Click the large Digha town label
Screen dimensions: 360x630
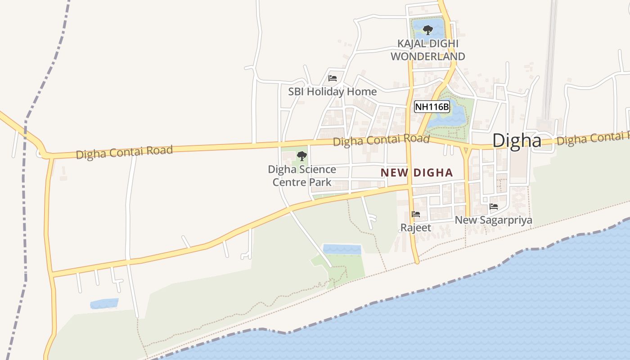click(x=517, y=140)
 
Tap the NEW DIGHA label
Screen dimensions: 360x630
click(x=417, y=173)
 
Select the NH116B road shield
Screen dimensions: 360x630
click(x=432, y=107)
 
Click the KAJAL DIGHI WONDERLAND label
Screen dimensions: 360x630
click(x=427, y=50)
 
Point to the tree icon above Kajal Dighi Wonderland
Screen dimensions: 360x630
click(x=427, y=30)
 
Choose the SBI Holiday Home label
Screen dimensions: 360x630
click(x=332, y=92)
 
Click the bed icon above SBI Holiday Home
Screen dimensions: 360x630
click(x=333, y=78)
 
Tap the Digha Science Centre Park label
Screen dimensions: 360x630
click(x=302, y=175)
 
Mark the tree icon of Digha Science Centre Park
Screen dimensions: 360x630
click(x=302, y=156)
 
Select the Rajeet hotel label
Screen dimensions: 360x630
click(x=416, y=228)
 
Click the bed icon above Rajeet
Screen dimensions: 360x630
click(x=416, y=214)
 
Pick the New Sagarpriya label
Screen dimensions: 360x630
click(x=493, y=220)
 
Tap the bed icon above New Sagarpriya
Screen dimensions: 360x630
click(x=494, y=207)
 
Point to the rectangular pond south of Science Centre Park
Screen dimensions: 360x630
click(x=342, y=249)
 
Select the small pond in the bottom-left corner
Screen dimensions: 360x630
click(x=104, y=304)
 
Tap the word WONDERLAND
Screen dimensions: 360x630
click(x=427, y=57)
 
